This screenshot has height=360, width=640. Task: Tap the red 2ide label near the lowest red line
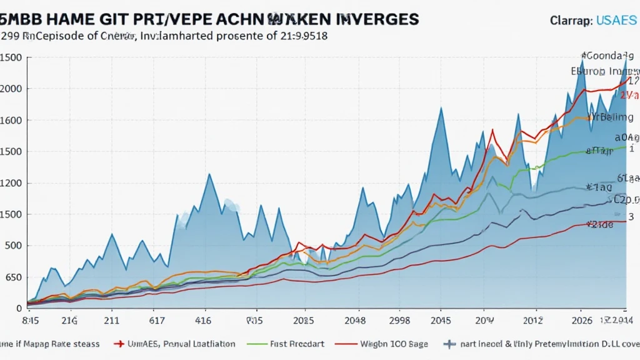[601, 224]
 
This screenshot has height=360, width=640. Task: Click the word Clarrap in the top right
[571, 21]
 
